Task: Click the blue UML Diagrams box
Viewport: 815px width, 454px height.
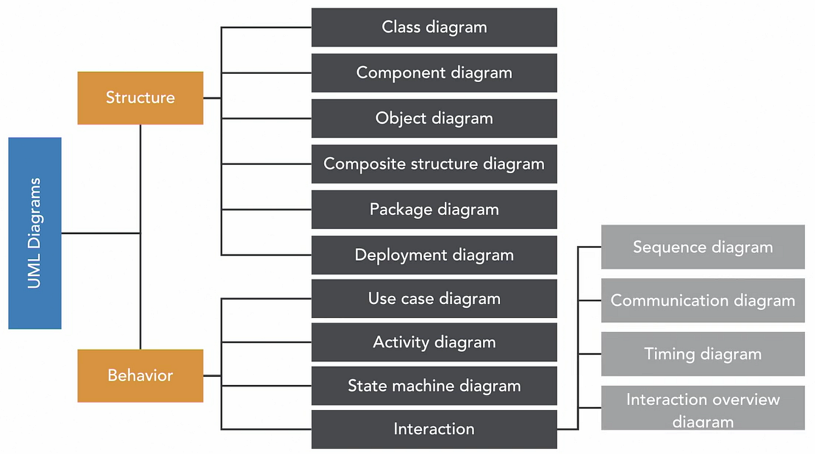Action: coord(35,233)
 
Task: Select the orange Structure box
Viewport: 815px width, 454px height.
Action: coord(140,98)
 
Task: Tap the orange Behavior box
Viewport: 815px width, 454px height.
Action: coord(140,375)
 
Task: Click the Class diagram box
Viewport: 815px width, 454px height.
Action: coord(434,27)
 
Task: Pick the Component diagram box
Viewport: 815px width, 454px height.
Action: coord(434,73)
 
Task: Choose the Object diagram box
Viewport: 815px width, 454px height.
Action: coord(434,118)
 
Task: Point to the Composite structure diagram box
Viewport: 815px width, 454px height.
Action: coord(434,164)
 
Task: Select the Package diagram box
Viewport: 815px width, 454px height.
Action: coord(434,209)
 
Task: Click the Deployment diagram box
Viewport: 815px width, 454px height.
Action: coord(434,255)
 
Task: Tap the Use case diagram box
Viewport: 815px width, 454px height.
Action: coord(434,298)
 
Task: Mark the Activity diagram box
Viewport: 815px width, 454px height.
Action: coord(434,342)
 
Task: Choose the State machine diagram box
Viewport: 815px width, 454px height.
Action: coord(434,385)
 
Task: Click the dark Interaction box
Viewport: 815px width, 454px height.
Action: coord(434,429)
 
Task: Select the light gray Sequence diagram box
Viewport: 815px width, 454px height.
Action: coord(703,247)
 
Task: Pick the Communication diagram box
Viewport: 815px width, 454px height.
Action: coord(703,300)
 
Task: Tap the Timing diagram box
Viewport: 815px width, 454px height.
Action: coord(703,354)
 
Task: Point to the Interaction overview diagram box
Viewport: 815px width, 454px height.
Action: coord(703,408)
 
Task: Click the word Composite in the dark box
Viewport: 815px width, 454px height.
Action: coord(355,164)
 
